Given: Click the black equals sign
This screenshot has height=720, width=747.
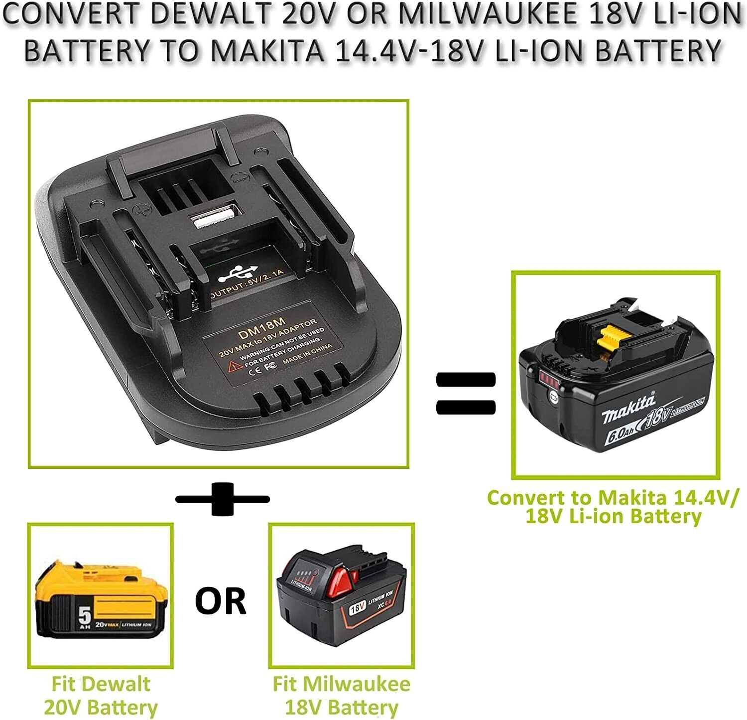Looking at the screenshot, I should [466, 394].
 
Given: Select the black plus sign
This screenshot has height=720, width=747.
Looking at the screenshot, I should [223, 499].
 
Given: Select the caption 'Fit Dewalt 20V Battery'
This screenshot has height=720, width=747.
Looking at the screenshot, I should [101, 695].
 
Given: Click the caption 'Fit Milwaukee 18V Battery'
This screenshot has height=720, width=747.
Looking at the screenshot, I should [342, 695].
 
